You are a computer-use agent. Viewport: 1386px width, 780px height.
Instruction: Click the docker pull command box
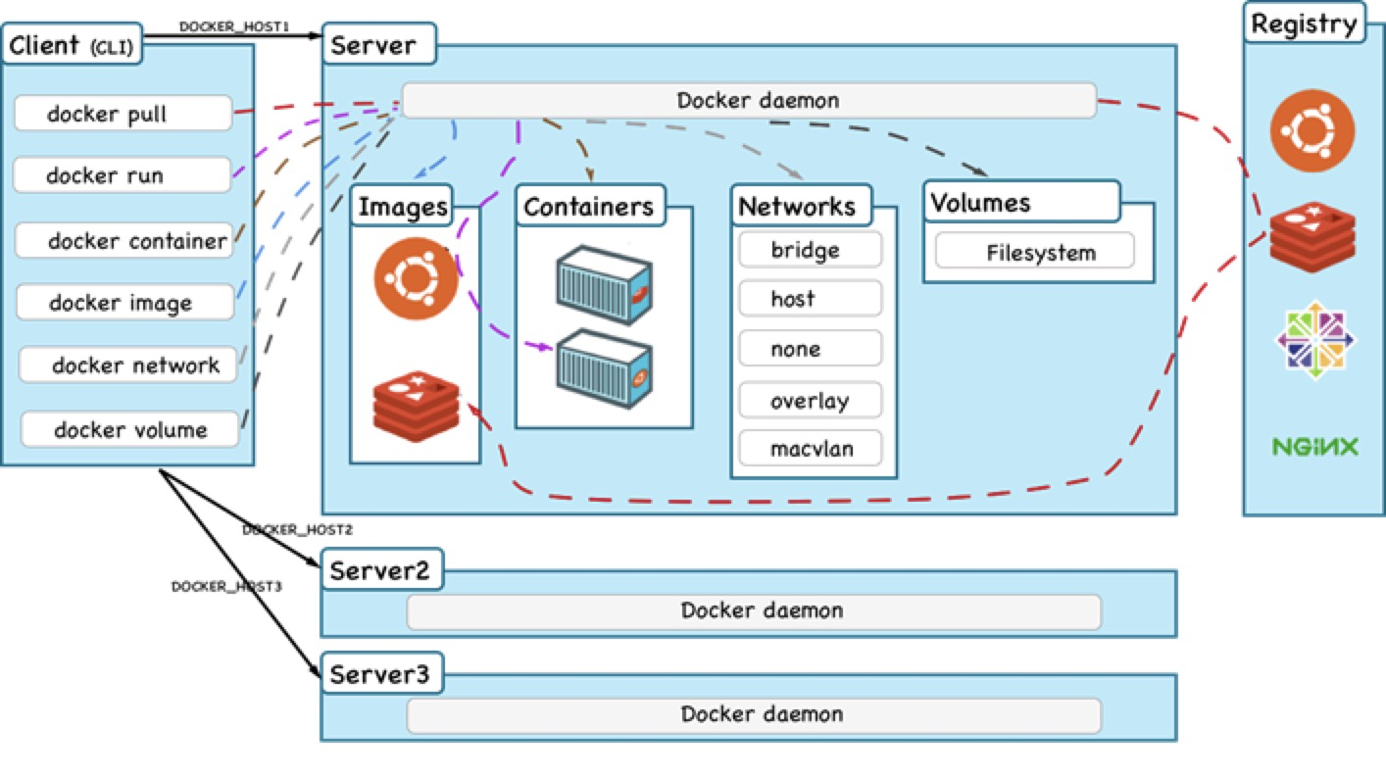tap(123, 114)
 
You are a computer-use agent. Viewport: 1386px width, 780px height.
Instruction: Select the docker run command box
tap(122, 176)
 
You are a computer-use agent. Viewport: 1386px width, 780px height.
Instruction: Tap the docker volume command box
tap(129, 429)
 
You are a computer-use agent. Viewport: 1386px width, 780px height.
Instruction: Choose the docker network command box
tap(128, 366)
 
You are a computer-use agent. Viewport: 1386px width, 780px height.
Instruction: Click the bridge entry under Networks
tap(810, 250)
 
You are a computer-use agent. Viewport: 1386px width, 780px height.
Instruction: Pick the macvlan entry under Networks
tap(810, 449)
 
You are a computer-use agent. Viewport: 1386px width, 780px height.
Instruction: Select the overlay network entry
tap(810, 401)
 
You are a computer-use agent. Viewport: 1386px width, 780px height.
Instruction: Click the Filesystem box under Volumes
tap(1034, 253)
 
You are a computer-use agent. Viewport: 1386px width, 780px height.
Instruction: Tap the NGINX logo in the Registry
tap(1315, 448)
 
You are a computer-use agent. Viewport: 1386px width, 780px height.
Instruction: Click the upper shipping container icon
tap(602, 284)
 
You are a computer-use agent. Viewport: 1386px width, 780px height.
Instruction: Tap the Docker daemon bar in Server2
tap(753, 611)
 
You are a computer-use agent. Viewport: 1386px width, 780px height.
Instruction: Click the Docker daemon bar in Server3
tap(753, 714)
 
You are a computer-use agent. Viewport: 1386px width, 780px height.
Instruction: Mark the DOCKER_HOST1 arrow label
tap(234, 25)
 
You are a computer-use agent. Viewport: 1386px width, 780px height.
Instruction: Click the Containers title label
tap(589, 207)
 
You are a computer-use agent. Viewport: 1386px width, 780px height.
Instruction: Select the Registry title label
tap(1305, 23)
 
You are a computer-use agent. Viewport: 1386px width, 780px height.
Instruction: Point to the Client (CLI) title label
tap(72, 44)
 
